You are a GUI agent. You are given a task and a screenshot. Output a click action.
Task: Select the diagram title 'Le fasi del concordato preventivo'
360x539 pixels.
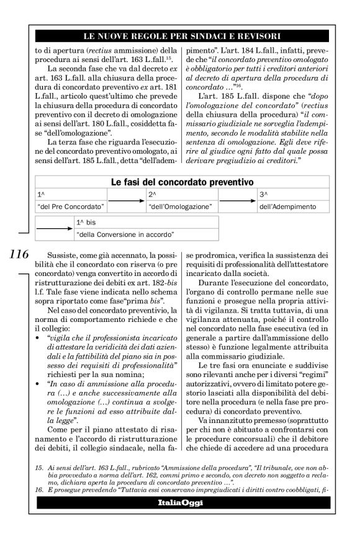click(182, 182)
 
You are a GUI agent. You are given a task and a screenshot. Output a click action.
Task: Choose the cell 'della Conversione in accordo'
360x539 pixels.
click(124, 234)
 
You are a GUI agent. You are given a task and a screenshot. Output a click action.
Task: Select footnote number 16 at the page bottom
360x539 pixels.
click(38, 499)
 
